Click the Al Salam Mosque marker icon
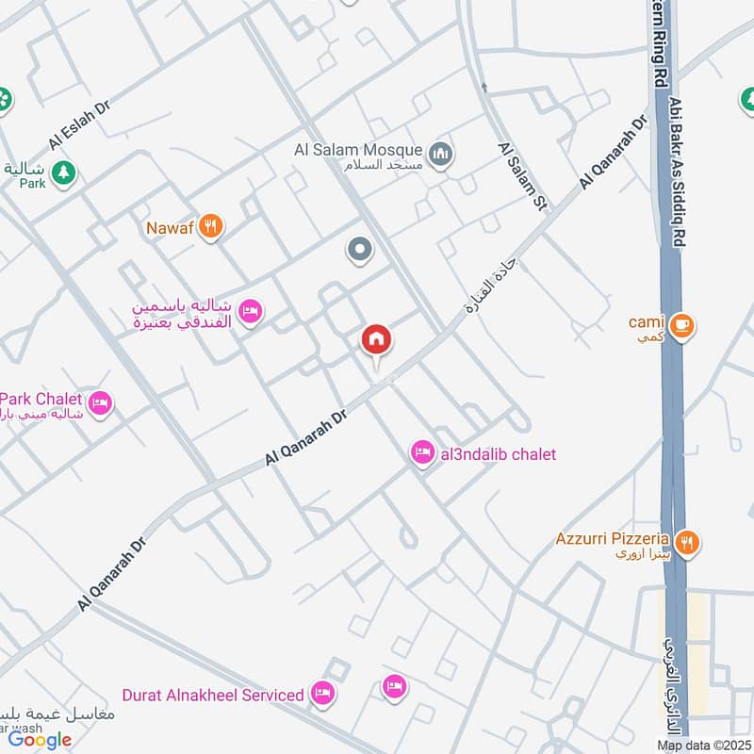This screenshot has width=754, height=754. tap(439, 153)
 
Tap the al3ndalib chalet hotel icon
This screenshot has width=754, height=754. tap(422, 454)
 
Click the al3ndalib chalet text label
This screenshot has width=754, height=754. tap(497, 454)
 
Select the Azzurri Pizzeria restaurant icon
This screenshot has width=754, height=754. tap(689, 542)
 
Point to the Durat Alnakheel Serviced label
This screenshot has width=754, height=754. tap(213, 695)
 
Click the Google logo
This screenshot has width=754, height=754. tap(41, 740)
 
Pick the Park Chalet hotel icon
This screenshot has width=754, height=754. tap(101, 403)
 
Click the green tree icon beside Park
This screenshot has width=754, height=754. tap(63, 172)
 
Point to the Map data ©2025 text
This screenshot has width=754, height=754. tap(703, 746)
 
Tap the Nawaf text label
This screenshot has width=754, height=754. tap(170, 227)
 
